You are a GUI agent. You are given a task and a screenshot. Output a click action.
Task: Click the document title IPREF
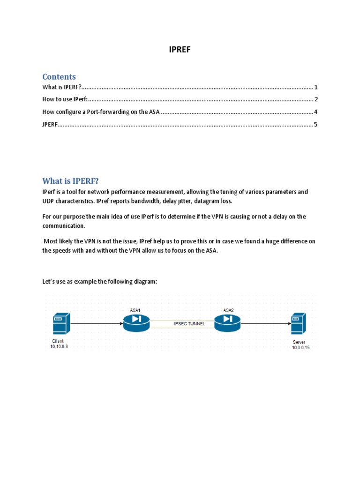click(x=180, y=50)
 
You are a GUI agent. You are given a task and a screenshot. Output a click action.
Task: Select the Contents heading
click(x=59, y=76)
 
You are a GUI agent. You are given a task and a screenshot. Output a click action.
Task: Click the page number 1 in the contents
click(x=316, y=87)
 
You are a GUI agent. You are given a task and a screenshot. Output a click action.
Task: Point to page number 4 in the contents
click(x=316, y=112)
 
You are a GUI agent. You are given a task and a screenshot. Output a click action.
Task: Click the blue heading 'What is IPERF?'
click(x=71, y=181)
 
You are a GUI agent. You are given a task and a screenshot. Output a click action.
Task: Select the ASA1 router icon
click(x=136, y=322)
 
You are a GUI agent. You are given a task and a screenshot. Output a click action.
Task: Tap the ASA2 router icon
click(x=227, y=322)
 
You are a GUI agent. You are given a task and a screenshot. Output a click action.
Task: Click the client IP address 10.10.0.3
click(x=59, y=346)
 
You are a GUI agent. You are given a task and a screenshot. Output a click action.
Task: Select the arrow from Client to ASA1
click(x=96, y=323)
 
